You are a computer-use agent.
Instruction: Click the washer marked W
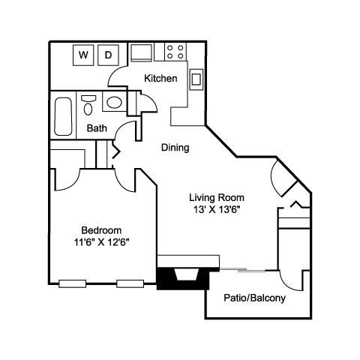coord(83,55)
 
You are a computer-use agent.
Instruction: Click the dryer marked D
coord(108,55)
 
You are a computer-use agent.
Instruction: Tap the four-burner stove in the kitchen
coord(175,52)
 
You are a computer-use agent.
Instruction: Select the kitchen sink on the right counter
coord(196,78)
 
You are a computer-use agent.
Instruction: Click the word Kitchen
coord(161,78)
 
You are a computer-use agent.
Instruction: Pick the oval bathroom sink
coord(114,103)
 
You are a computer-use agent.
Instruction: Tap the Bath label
coord(97,127)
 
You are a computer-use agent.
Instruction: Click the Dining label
coord(175,148)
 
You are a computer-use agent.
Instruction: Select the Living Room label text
coord(217,198)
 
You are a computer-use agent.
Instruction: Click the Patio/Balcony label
coord(255,298)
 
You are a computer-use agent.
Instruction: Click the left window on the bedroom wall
coord(73,283)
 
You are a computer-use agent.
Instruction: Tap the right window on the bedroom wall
coord(130,283)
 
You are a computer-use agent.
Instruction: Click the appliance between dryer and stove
coord(142,52)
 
